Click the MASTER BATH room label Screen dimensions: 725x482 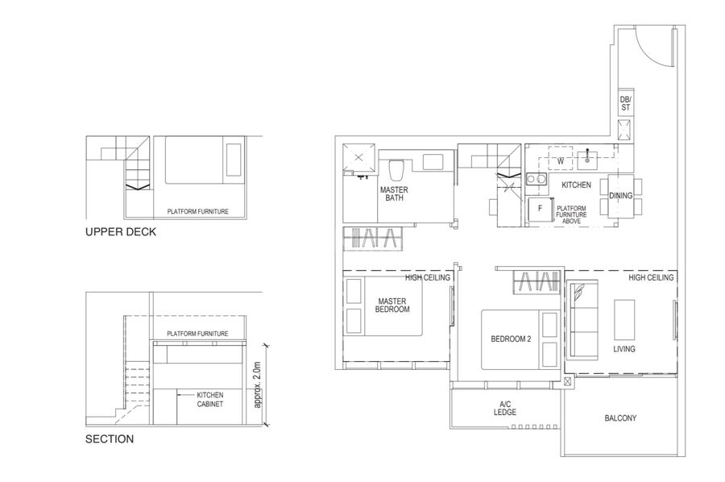(x=394, y=193)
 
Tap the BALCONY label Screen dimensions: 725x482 (x=620, y=418)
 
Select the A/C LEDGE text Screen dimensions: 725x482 (x=505, y=408)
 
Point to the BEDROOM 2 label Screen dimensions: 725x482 (x=511, y=339)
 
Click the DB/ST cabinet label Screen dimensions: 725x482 (x=625, y=103)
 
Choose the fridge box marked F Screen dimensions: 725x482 (x=540, y=209)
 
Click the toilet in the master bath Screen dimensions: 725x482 (x=396, y=169)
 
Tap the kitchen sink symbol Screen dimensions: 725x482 (x=587, y=158)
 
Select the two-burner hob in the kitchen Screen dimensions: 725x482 (x=536, y=179)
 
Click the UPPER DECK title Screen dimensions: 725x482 (x=121, y=232)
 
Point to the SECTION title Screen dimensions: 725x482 (x=110, y=439)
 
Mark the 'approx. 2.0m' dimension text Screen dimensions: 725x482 (x=258, y=384)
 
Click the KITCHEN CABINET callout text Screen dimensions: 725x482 (x=210, y=400)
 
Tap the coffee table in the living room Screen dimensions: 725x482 (x=624, y=320)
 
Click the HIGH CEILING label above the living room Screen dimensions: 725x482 (x=651, y=277)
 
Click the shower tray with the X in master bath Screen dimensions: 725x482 (x=358, y=158)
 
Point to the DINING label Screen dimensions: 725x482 (x=620, y=196)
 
